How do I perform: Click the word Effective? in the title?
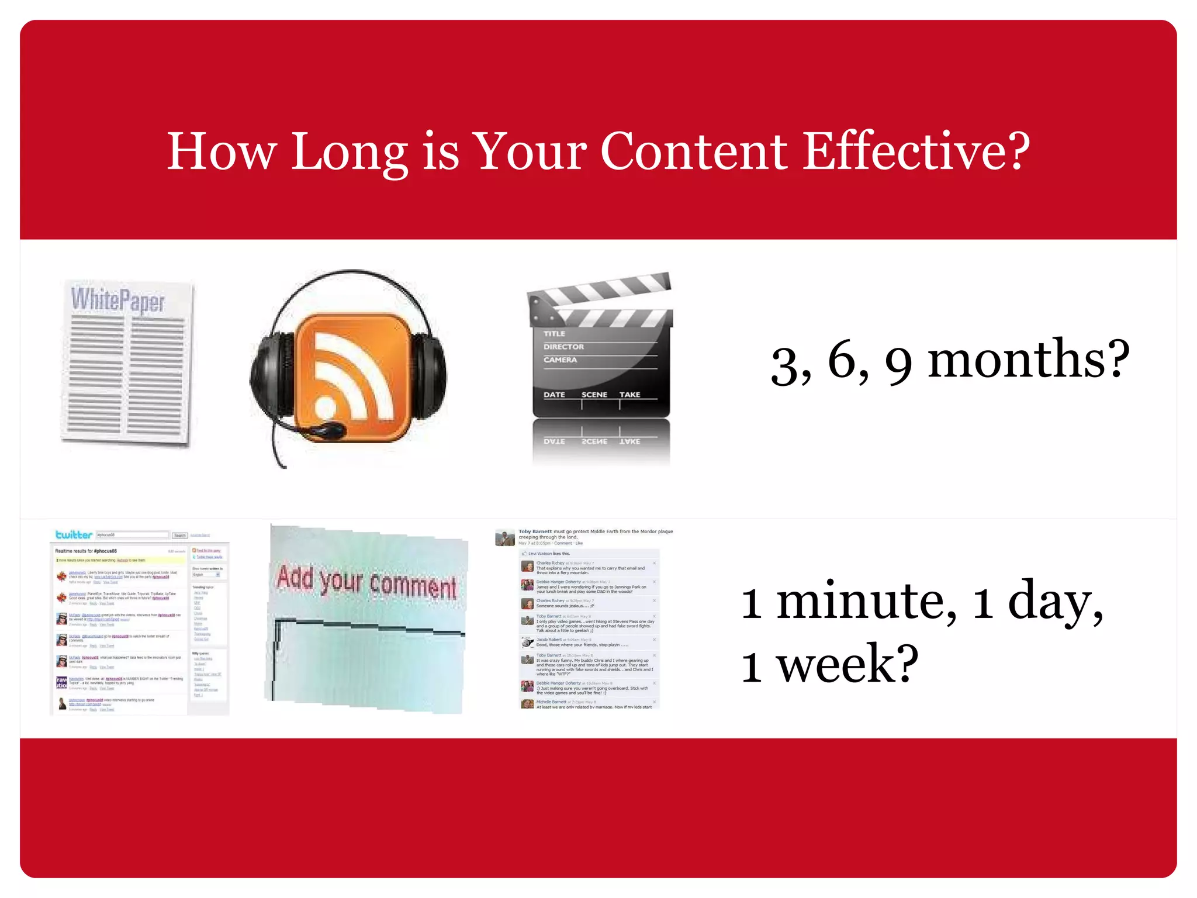[x=916, y=151]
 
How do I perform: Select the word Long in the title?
[x=349, y=151]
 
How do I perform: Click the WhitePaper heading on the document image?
[x=118, y=300]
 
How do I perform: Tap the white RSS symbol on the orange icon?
[x=351, y=380]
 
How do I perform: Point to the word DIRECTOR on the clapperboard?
[x=563, y=347]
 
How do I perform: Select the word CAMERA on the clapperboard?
[x=560, y=360]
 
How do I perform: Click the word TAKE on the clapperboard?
[x=629, y=395]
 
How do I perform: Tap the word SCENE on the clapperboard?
[x=594, y=395]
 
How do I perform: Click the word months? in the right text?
[x=1028, y=360]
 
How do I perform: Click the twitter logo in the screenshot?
[x=74, y=534]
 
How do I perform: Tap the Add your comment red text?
[x=366, y=582]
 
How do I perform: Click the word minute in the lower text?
[x=867, y=602]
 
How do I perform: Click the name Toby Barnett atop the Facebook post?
[x=535, y=531]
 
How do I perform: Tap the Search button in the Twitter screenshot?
[x=179, y=535]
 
